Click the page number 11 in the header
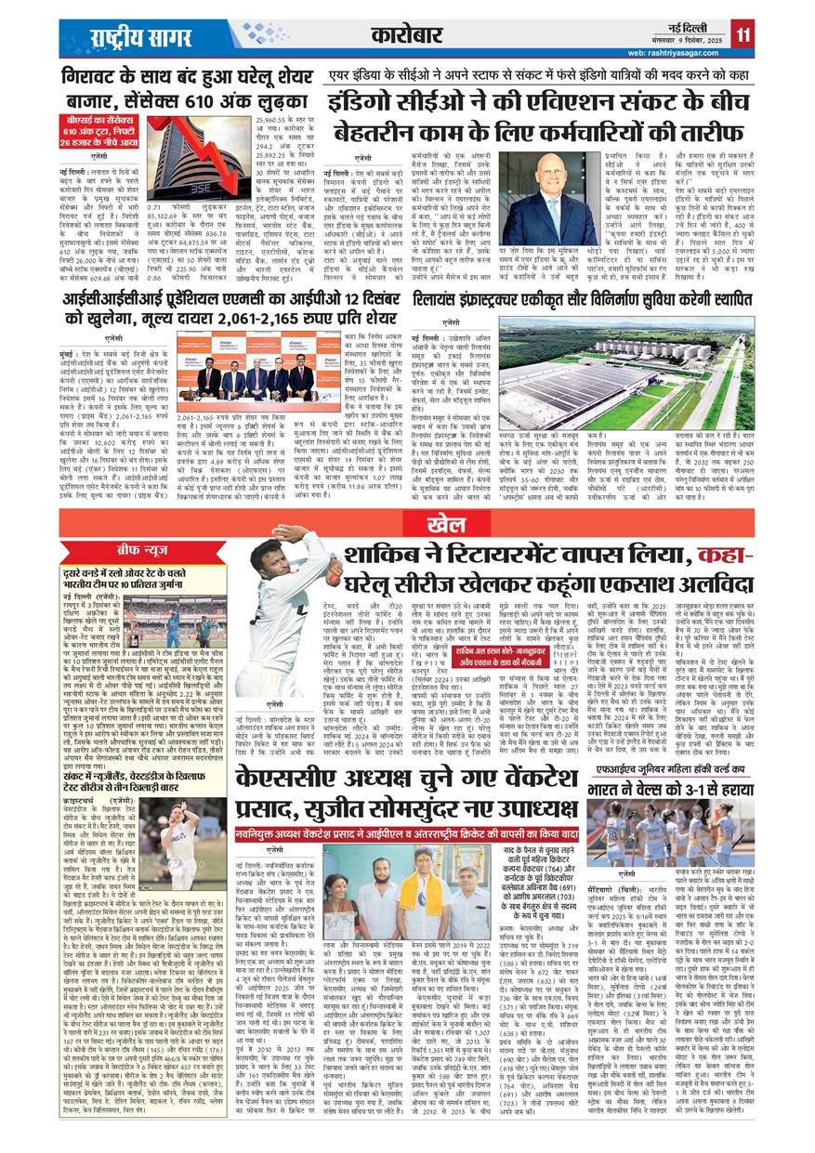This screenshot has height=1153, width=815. [743, 34]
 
